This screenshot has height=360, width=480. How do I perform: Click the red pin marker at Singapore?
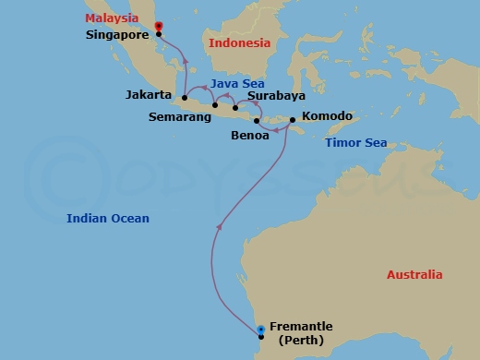click(158, 27)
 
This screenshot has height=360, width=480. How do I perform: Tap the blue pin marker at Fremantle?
click(261, 329)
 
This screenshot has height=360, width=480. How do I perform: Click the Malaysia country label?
click(115, 18)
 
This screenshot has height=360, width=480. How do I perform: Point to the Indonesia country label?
click(239, 43)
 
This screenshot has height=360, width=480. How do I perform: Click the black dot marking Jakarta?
click(185, 97)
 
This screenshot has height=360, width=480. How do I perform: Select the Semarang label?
click(178, 117)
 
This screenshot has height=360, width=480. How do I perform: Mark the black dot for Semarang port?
click(215, 105)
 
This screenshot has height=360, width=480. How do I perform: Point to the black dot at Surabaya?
click(235, 108)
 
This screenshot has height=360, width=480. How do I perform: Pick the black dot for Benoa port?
click(256, 121)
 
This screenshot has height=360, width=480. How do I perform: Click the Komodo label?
click(327, 117)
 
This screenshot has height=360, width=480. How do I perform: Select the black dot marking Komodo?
click(293, 119)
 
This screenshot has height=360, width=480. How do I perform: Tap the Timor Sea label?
click(355, 143)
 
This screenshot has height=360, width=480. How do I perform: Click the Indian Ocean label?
click(108, 218)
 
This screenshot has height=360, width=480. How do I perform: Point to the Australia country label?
click(414, 274)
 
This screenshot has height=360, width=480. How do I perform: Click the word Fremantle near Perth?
click(301, 327)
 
